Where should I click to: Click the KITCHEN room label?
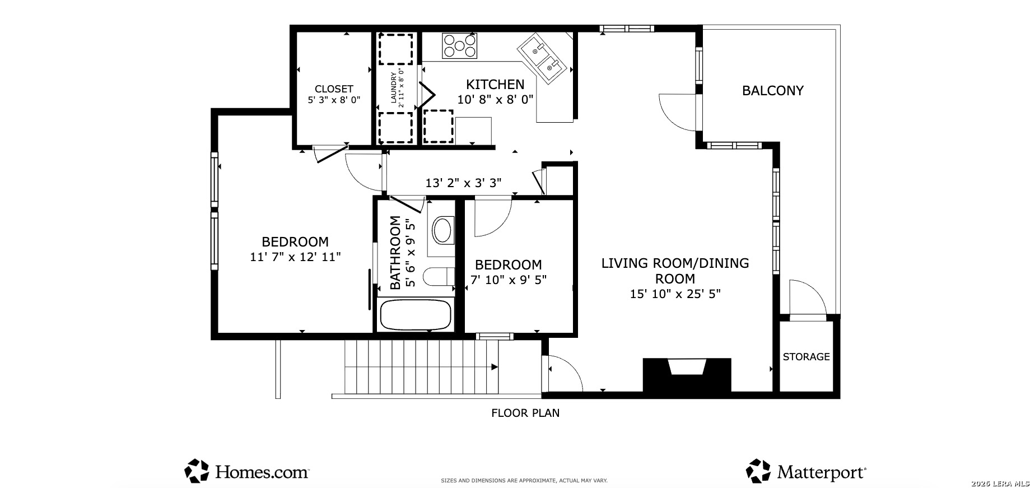[495, 85]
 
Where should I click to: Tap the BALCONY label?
[772, 91]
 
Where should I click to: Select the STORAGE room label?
[806, 356]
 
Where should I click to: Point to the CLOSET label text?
[334, 89]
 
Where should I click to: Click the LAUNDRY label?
[393, 88]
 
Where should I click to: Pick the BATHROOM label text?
[395, 253]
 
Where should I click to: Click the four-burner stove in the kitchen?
[460, 45]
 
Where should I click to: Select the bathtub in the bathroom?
[416, 315]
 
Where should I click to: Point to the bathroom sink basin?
[442, 230]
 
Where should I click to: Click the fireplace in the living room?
[687, 375]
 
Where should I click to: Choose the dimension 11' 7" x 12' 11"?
[295, 257]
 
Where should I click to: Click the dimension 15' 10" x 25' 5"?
[675, 294]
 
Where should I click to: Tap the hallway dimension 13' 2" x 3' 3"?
[463, 183]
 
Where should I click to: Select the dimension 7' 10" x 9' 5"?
[509, 279]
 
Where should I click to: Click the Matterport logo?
[807, 471]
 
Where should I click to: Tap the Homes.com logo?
[247, 471]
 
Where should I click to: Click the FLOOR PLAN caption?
[525, 413]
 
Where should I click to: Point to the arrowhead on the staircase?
[495, 367]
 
